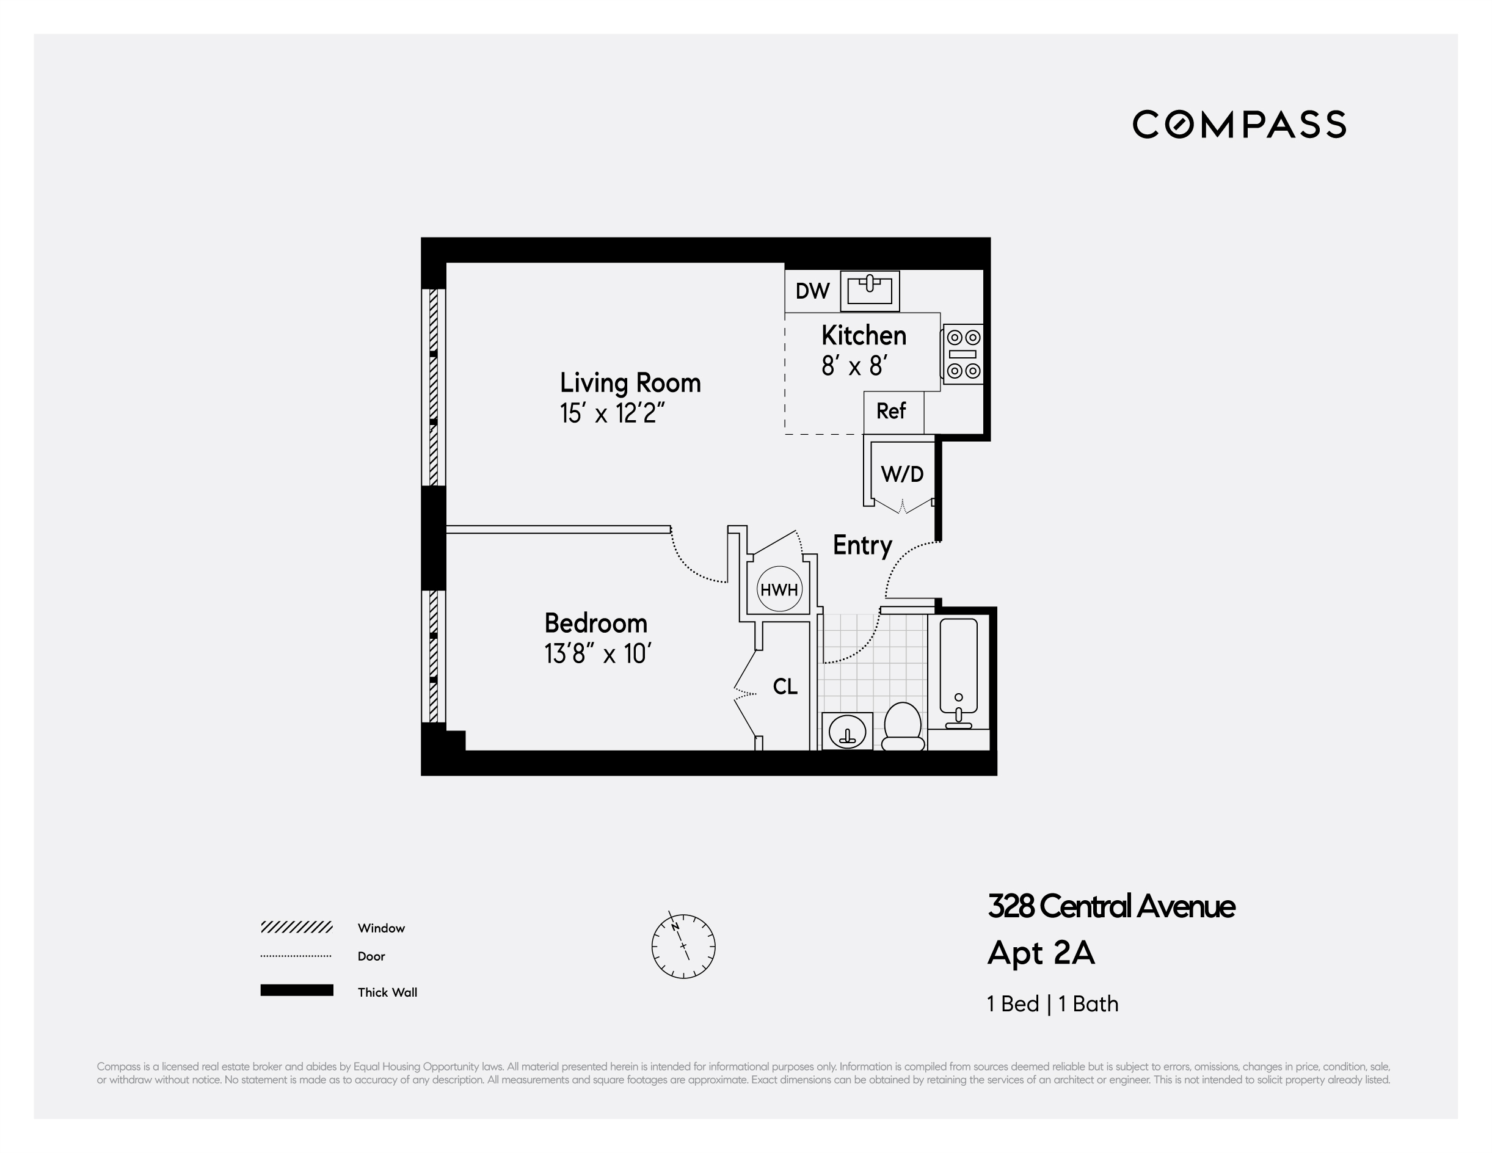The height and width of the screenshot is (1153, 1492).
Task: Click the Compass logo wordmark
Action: click(x=1239, y=125)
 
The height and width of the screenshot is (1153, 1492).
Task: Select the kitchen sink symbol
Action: click(x=870, y=290)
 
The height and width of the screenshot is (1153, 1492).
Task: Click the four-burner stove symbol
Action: click(x=963, y=354)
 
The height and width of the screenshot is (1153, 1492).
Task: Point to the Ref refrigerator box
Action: click(x=892, y=412)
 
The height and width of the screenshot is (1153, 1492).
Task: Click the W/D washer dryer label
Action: click(x=902, y=474)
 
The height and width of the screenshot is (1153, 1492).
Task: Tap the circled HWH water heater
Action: click(x=779, y=589)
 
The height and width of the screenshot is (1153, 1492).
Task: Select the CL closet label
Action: click(x=785, y=686)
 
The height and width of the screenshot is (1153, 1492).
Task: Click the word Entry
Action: click(x=862, y=546)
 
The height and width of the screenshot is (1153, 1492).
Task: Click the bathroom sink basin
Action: click(x=847, y=732)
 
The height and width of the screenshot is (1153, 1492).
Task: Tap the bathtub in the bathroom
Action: click(x=958, y=669)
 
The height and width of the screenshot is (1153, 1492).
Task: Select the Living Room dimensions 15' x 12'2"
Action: click(x=611, y=413)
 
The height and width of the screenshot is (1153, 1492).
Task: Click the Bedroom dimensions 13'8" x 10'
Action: click(x=597, y=655)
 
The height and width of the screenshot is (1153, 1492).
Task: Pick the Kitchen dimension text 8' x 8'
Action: click(x=854, y=367)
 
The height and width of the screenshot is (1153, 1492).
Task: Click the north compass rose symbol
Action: click(x=683, y=947)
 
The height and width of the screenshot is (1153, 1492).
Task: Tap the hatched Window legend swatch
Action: click(x=296, y=927)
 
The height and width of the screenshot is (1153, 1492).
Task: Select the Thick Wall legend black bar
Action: click(x=296, y=991)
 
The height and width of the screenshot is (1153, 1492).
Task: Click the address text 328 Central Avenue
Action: click(x=1111, y=907)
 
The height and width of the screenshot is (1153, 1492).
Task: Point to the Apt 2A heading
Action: click(x=1041, y=953)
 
